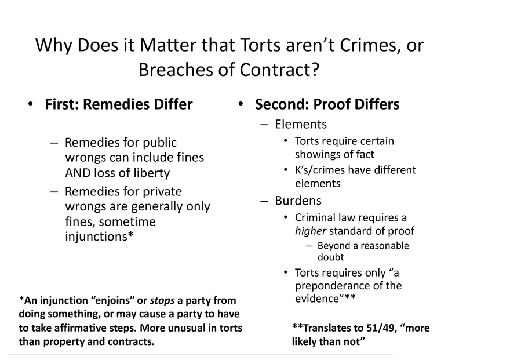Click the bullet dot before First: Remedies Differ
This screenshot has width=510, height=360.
(31, 104)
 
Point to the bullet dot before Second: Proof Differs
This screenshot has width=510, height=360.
(240, 104)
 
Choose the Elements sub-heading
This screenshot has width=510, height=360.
(301, 124)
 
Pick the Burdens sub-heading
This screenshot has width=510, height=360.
(298, 201)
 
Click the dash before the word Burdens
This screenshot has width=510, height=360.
(264, 201)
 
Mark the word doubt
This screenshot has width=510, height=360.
(330, 257)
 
